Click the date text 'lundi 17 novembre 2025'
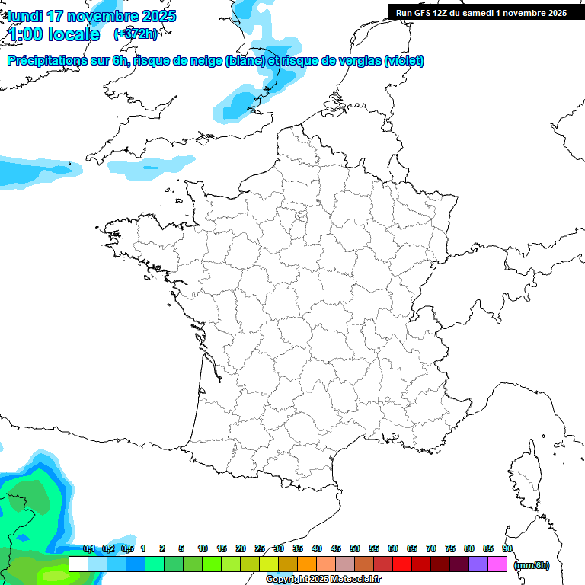91,16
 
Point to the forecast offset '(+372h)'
135,34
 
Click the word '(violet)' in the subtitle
404,61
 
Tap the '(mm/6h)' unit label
532,565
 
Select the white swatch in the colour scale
78,564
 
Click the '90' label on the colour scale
507,549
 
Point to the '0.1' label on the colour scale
88,549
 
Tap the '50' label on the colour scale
355,549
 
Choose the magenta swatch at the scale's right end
497,564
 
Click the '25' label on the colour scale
260,549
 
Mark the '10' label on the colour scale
203,549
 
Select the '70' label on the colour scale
431,549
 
